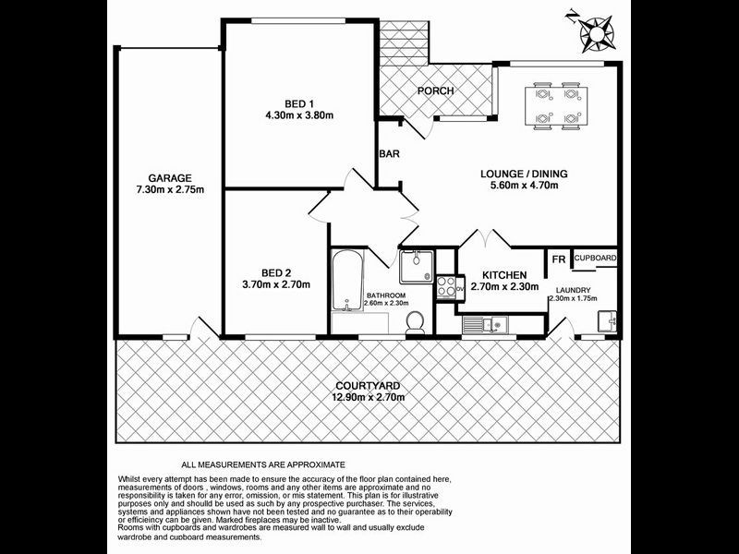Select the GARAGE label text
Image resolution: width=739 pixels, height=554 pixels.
170,178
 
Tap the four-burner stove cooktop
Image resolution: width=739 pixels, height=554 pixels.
446,287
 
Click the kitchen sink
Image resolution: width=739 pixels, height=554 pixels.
482,323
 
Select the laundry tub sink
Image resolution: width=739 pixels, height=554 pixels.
607,322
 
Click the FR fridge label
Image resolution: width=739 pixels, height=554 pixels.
558,260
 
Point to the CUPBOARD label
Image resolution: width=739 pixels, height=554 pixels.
595,259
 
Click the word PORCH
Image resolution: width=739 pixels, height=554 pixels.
435,90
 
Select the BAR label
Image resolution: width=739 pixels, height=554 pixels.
389,154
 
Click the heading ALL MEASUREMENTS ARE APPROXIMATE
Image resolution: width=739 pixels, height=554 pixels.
263,464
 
